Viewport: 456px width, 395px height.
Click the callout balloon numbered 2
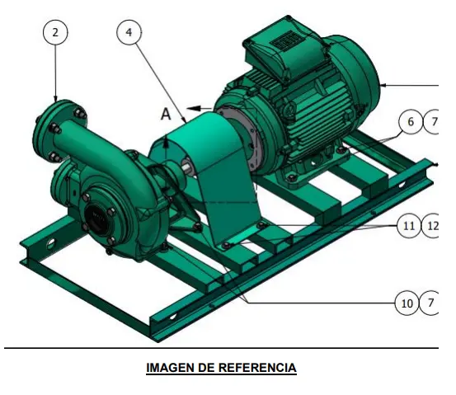(x=54, y=32)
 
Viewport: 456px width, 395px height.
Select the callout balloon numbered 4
(x=129, y=32)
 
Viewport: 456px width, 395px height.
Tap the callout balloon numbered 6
(x=410, y=121)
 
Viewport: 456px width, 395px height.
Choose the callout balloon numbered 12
(x=434, y=225)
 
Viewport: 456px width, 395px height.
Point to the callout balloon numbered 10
(x=407, y=303)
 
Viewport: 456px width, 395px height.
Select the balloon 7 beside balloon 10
(x=431, y=303)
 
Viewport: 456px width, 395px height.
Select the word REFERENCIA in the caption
(x=256, y=368)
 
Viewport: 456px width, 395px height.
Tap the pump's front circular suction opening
(x=98, y=219)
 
